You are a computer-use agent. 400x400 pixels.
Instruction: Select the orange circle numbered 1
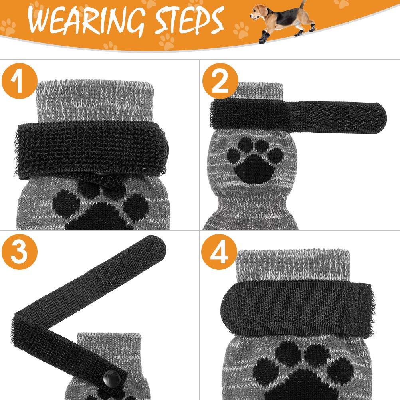tap(20, 81)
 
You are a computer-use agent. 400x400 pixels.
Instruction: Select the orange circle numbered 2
tap(220, 81)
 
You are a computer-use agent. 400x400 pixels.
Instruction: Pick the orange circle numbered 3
tap(20, 252)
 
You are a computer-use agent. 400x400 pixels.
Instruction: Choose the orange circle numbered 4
tap(219, 252)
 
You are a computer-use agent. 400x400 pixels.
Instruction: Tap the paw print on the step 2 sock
tap(255, 161)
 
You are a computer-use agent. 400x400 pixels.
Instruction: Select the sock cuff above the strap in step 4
tap(293, 266)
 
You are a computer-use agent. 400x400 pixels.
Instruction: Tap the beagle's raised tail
tap(303, 5)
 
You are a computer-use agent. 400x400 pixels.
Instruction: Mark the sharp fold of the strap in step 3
tap(16, 317)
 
